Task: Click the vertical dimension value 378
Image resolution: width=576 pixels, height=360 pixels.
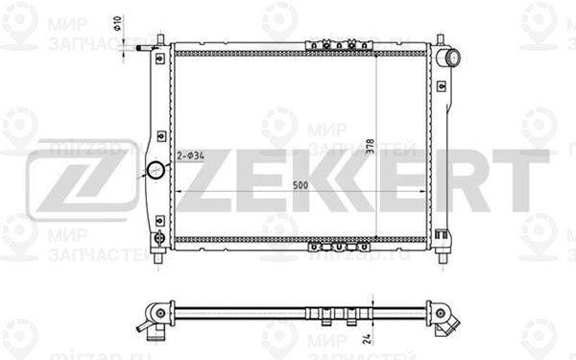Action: pos(370,144)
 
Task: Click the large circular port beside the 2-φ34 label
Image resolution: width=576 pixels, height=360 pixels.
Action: pos(156,172)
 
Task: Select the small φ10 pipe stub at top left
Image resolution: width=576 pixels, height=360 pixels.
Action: pos(143,45)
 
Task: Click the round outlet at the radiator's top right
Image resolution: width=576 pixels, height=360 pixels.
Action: pos(446,59)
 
